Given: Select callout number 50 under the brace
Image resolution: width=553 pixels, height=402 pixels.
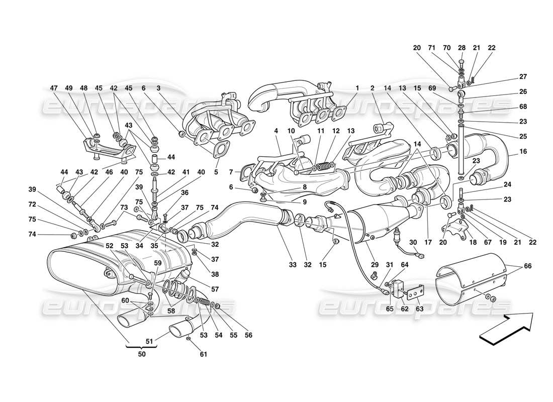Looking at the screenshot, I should click(142, 354).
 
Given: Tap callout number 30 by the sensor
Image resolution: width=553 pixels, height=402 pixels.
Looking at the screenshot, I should click(413, 242).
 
